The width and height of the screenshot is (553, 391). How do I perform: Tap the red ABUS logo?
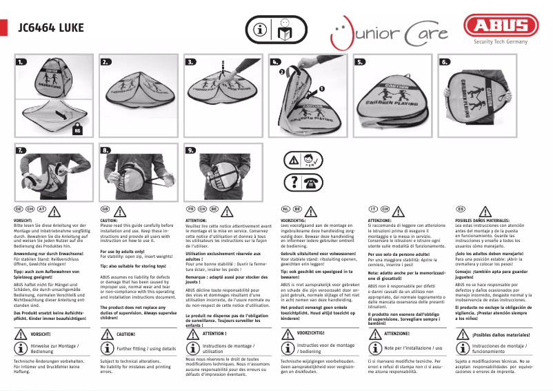coord(501,26)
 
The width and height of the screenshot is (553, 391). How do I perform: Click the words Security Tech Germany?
coord(501,41)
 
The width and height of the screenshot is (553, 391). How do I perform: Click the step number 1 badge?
coord(22,62)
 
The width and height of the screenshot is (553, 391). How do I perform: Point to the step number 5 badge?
coord(360,62)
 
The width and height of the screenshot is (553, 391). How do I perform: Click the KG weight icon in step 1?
coord(77,129)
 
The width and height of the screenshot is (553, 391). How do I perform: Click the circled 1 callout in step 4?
coord(321,89)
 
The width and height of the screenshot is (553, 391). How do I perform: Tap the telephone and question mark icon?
coord(303,182)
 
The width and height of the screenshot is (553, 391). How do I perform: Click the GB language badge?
coord(105,208)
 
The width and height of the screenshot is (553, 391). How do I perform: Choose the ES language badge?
coord(461,208)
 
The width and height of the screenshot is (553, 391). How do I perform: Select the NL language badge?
coord(285,208)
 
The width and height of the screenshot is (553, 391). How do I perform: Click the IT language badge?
coord(373,208)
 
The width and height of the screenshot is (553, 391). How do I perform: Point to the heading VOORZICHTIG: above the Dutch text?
coord(294,219)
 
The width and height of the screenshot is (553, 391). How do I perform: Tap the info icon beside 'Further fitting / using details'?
coord(107,348)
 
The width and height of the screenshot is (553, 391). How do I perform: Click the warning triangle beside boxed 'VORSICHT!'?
coord(19,333)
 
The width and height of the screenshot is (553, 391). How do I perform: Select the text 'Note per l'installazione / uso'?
coord(413,348)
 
